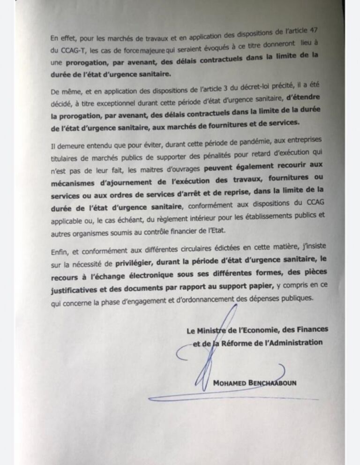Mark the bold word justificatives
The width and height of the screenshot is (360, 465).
[77, 290]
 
